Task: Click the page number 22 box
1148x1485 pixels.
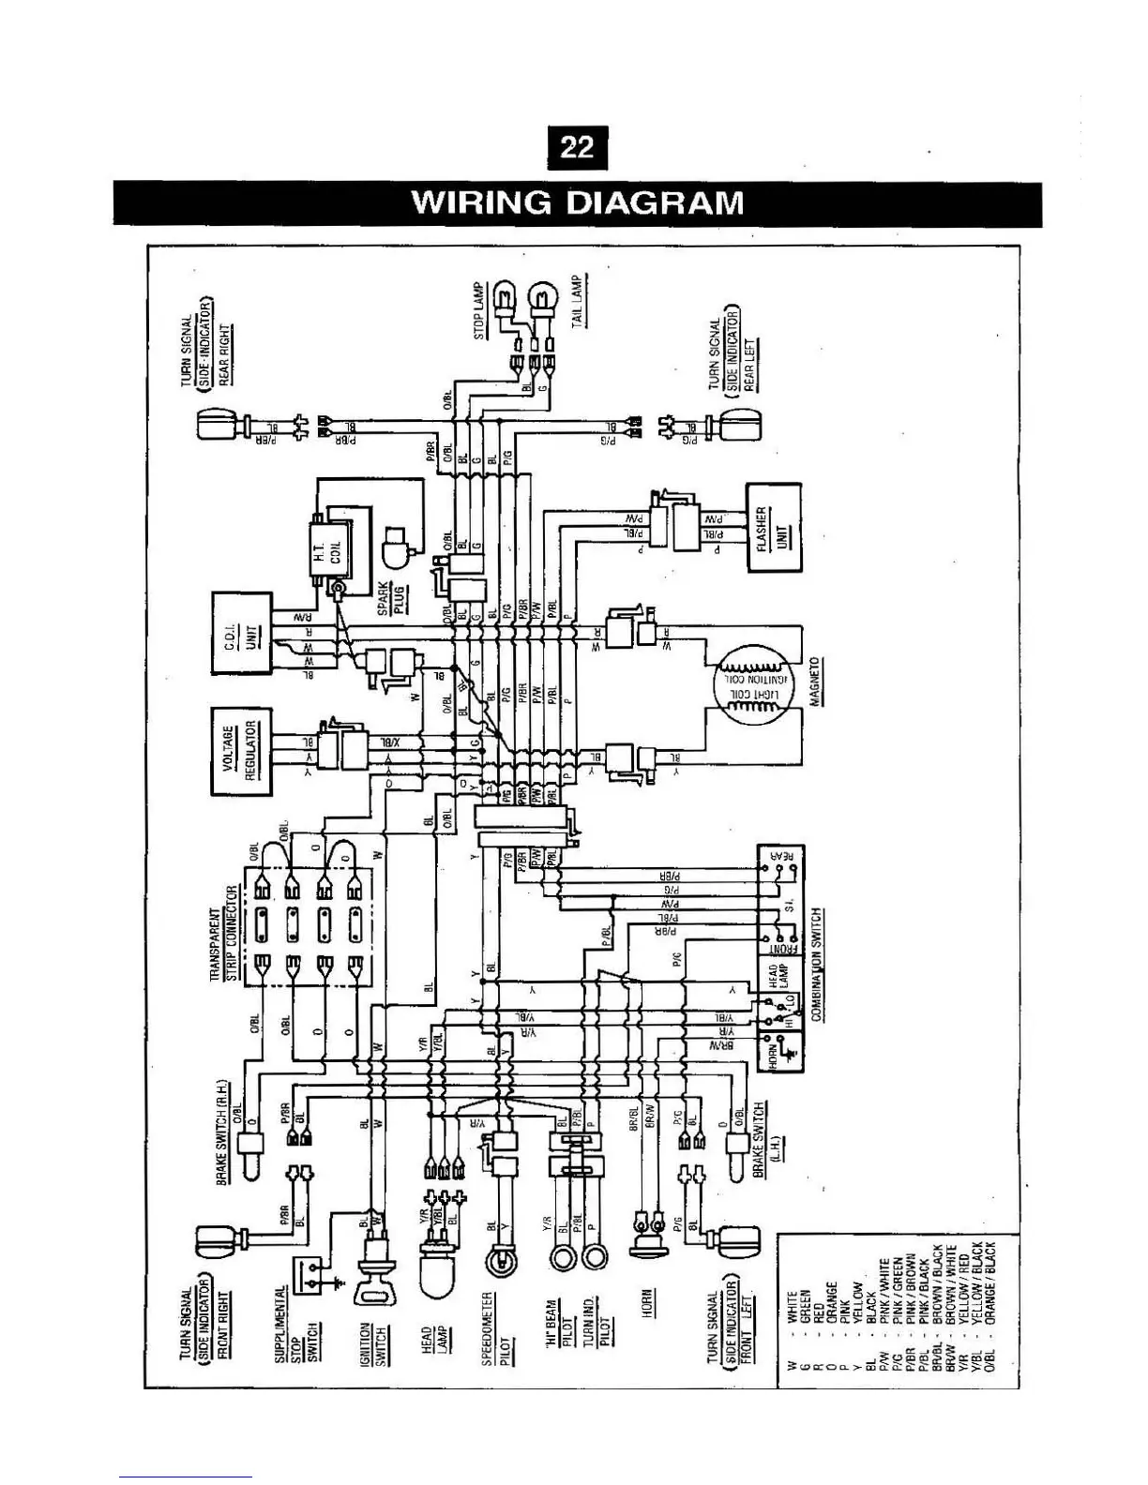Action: pyautogui.click(x=577, y=147)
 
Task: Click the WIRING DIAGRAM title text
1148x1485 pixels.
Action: pyautogui.click(x=578, y=203)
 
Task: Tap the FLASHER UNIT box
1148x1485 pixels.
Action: pyautogui.click(x=773, y=528)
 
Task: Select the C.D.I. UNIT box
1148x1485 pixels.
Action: pyautogui.click(x=241, y=633)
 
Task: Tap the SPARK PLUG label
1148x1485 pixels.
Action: pyautogui.click(x=390, y=596)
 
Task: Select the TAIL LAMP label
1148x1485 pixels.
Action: pyautogui.click(x=578, y=301)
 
